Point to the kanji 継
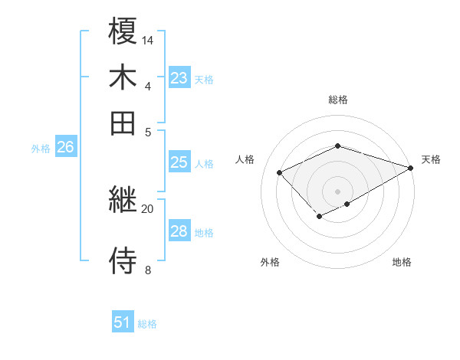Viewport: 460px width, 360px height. tap(123, 201)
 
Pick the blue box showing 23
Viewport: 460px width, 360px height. tap(179, 78)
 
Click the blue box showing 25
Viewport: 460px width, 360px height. tap(179, 162)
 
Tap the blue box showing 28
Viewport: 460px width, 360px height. tap(179, 231)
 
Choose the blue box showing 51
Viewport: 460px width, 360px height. tap(123, 322)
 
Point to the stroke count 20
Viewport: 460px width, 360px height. tap(148, 208)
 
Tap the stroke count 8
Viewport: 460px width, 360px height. tap(147, 270)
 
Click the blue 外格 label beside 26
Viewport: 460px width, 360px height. tap(41, 149)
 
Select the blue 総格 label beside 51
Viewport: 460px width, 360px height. tap(147, 324)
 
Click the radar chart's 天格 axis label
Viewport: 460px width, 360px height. tap(431, 159)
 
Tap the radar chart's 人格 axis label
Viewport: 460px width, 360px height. tap(245, 159)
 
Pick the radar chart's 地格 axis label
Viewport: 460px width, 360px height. tap(402, 263)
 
